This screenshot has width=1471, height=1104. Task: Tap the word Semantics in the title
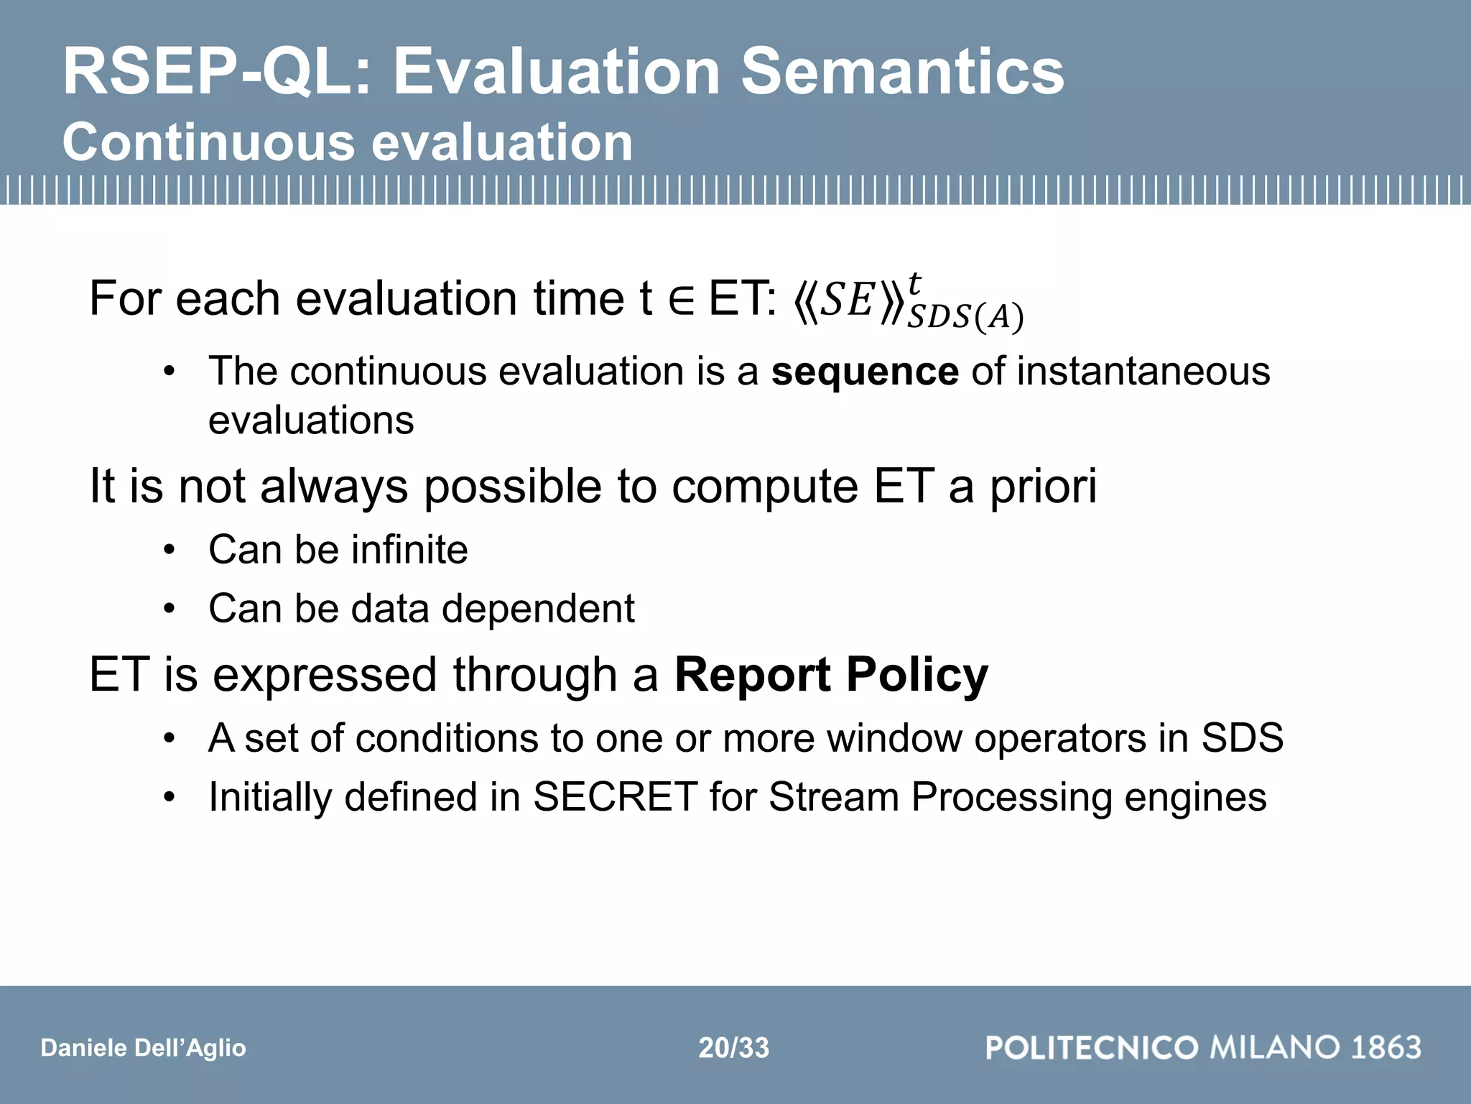902,72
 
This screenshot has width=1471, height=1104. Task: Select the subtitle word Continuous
208,142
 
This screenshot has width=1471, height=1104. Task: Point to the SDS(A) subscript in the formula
965,317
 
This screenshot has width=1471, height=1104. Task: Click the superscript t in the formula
914,282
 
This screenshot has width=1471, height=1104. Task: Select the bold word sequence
864,372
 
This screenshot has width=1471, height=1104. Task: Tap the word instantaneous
1143,372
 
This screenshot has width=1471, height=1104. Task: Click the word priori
1044,487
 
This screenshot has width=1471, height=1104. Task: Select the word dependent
538,609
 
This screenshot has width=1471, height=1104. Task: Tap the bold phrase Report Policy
831,675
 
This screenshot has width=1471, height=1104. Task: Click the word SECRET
615,797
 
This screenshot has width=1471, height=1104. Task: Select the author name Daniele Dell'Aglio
143,1048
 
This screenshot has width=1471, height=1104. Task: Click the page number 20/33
733,1048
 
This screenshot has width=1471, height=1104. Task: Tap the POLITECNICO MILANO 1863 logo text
1203,1047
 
